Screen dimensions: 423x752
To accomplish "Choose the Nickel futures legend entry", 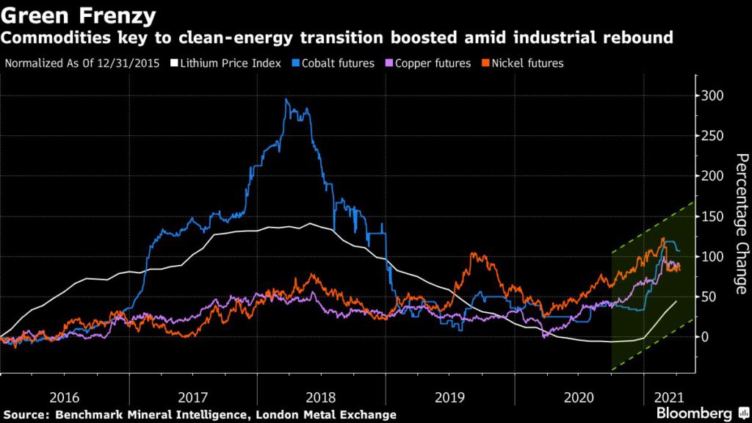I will click(x=522, y=63).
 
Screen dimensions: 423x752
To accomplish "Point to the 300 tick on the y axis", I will click(x=713, y=96).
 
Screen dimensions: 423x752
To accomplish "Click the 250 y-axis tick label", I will click(x=713, y=136).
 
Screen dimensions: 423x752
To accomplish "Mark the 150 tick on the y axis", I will click(x=713, y=217).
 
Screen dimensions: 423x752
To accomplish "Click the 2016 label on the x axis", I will click(x=65, y=398).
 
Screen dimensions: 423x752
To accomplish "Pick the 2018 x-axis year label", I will click(x=322, y=398).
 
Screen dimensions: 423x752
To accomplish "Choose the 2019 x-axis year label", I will click(x=450, y=398).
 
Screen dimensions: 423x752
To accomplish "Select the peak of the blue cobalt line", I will click(x=286, y=100).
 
